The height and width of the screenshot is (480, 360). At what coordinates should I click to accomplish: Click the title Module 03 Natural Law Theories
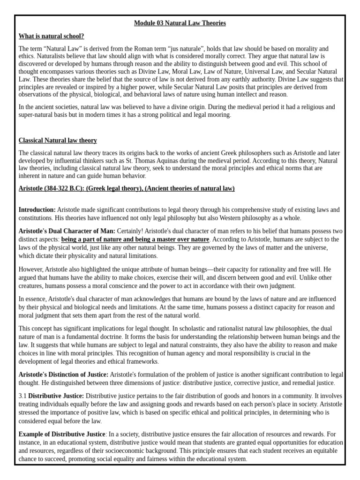(x=180, y=23)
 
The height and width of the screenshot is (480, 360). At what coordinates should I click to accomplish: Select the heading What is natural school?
(x=52, y=36)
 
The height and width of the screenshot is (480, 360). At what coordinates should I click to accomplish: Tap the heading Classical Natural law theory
(x=58, y=140)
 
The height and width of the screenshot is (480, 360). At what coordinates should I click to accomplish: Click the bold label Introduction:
(x=37, y=210)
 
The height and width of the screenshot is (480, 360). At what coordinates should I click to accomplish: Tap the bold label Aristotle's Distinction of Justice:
(x=63, y=375)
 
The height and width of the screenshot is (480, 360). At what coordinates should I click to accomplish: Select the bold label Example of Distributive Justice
(x=62, y=434)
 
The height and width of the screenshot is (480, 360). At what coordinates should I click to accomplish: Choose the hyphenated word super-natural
(x=37, y=115)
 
